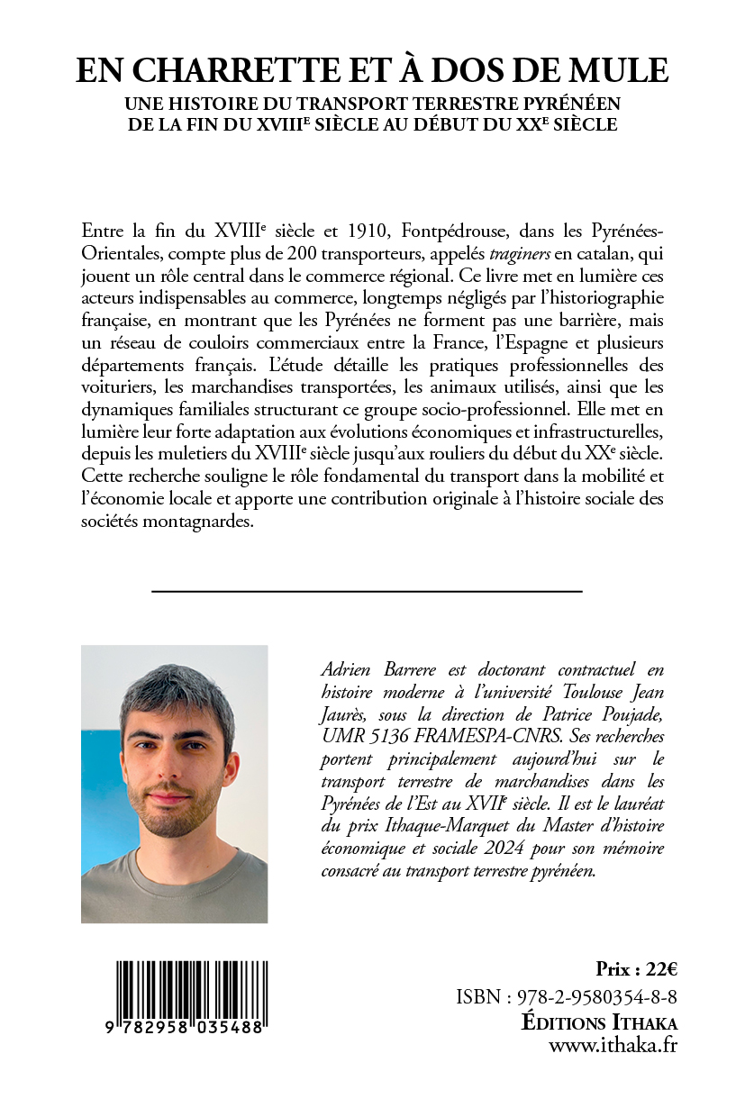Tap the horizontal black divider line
367,591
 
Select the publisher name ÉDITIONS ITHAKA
600,1022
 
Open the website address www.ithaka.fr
613,1046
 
